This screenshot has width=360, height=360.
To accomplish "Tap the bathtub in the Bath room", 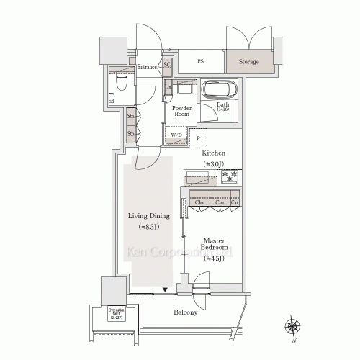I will (x=219, y=91).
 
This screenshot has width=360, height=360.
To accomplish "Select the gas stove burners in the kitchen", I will (x=231, y=177).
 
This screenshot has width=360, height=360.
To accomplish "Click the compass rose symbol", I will (x=293, y=328).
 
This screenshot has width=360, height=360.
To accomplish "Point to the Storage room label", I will (x=250, y=62).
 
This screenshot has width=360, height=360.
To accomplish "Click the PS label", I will (x=200, y=62).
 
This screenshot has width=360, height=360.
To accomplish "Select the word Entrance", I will (x=147, y=67).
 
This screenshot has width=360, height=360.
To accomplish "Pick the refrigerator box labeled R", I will (x=198, y=138).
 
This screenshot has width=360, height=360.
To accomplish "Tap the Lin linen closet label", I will (x=168, y=87).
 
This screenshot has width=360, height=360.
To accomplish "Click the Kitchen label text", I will (x=214, y=153).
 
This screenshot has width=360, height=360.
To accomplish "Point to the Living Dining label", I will (x=148, y=215).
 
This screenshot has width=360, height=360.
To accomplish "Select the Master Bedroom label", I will (x=214, y=246).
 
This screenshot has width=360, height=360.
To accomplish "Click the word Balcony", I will (x=186, y=312).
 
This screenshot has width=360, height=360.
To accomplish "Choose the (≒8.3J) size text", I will (x=149, y=228).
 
